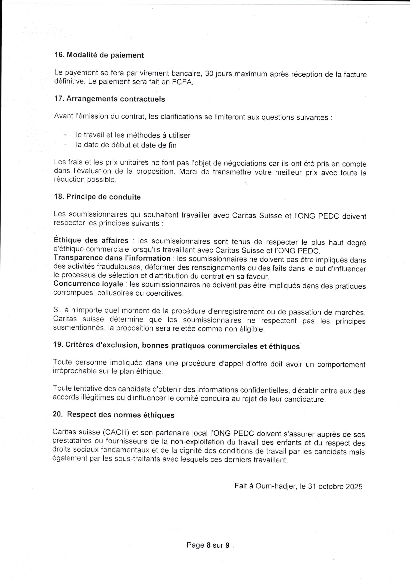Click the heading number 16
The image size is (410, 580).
[59, 55]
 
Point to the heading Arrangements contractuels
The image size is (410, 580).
[115, 99]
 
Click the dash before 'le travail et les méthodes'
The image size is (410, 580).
[65, 135]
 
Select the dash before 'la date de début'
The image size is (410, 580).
[65, 145]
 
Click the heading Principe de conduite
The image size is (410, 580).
[103, 197]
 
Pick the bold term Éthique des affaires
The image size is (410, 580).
[91, 240]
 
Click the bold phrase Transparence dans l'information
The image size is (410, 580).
[112, 258]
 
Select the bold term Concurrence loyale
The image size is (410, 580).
[88, 284]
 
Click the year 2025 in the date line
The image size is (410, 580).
[354, 486]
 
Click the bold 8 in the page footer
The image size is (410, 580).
[208, 545]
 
